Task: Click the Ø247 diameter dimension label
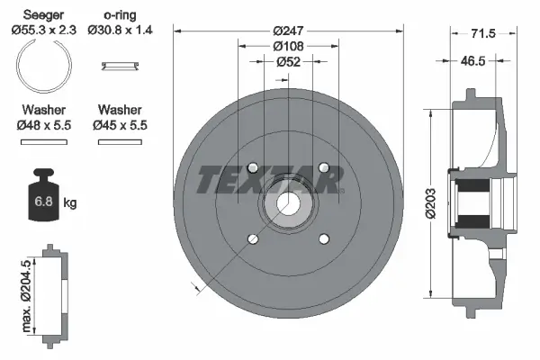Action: (x=288, y=31)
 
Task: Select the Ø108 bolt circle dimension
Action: (x=288, y=46)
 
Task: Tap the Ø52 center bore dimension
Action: (x=288, y=61)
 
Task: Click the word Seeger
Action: (x=43, y=15)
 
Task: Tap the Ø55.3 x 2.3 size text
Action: (x=43, y=30)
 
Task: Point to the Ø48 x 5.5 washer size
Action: (x=43, y=125)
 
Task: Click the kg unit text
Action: (x=70, y=203)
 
